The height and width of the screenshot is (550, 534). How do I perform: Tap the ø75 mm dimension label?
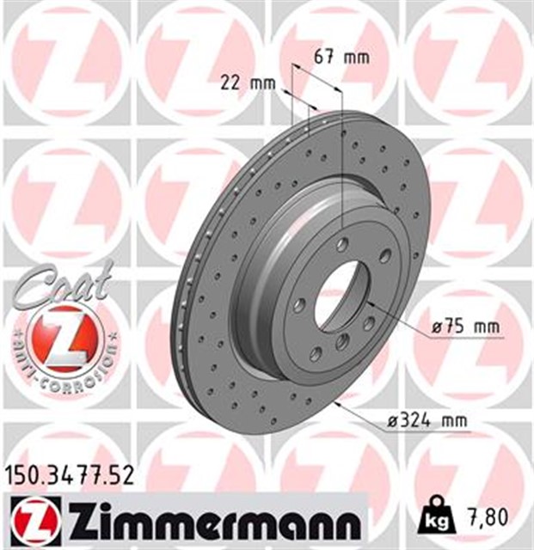click(465, 327)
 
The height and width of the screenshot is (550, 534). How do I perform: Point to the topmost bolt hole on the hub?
click(344, 242)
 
